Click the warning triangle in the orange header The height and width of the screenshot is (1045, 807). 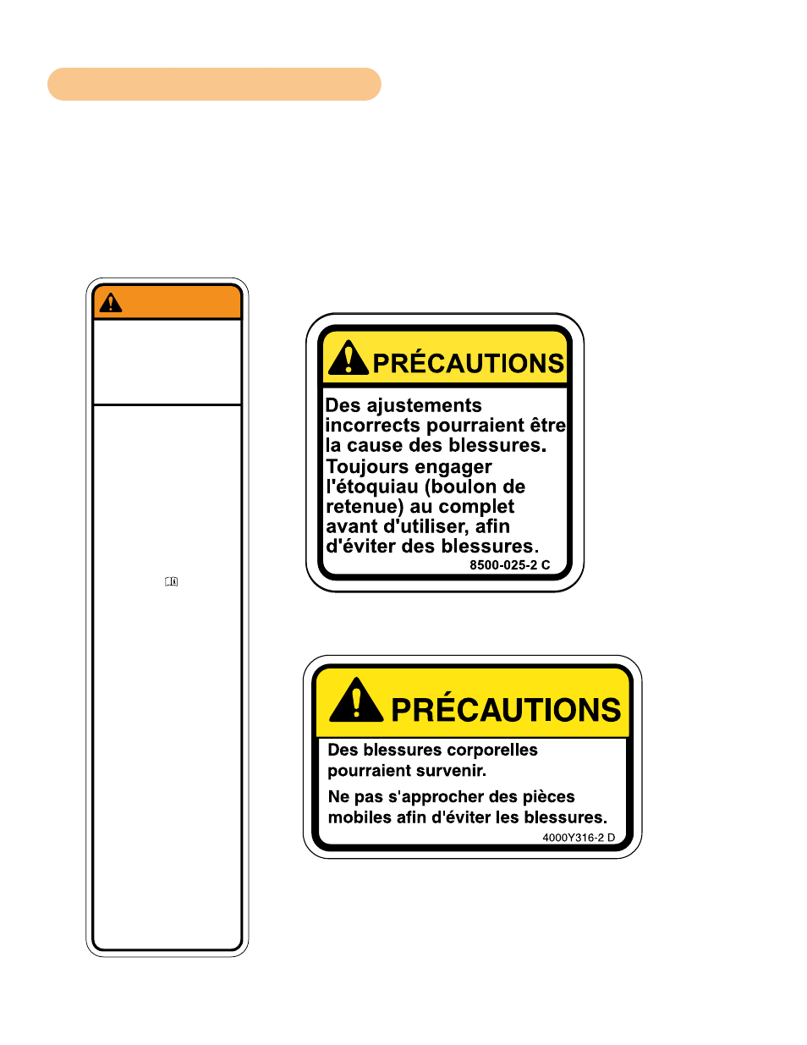pyautogui.click(x=111, y=303)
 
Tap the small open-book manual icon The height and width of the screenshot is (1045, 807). pyautogui.click(x=171, y=581)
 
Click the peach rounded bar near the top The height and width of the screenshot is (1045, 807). pyautogui.click(x=214, y=84)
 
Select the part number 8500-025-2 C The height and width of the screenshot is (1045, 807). pyautogui.click(x=509, y=565)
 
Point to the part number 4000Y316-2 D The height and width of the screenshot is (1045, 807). pyautogui.click(x=579, y=837)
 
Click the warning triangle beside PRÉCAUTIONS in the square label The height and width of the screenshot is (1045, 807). pyautogui.click(x=348, y=357)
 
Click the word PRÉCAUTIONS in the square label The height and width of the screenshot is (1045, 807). pyautogui.click(x=468, y=363)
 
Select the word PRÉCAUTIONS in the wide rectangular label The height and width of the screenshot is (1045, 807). pyautogui.click(x=506, y=708)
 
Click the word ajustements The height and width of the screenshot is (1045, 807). pyautogui.click(x=424, y=406)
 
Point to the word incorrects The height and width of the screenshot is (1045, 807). pyautogui.click(x=372, y=425)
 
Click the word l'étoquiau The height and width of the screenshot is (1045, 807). pyautogui.click(x=372, y=487)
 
